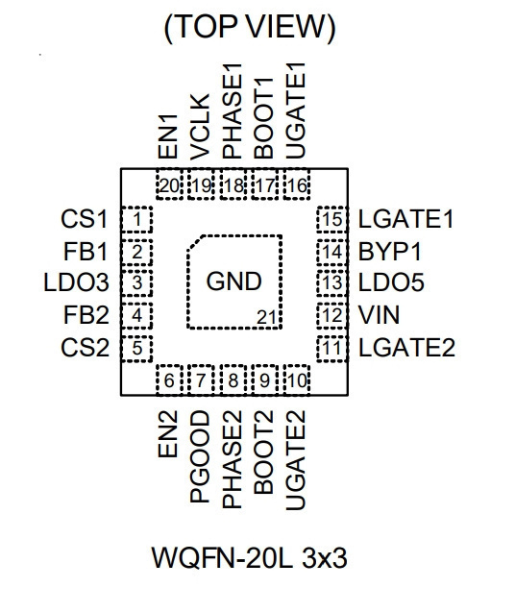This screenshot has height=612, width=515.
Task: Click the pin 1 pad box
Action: click(136, 220)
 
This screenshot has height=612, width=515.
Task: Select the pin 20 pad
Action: click(169, 184)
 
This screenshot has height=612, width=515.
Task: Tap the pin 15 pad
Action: click(331, 220)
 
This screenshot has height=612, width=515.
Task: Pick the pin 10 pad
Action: click(297, 380)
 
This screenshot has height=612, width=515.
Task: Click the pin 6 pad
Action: click(169, 380)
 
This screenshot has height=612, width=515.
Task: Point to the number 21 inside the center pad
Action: click(266, 318)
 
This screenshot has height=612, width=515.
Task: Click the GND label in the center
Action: click(233, 281)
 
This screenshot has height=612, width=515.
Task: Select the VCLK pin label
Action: click(200, 127)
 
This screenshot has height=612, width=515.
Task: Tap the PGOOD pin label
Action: click(200, 456)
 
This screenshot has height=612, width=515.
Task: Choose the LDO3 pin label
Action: click(76, 282)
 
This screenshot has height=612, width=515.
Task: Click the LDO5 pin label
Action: click(391, 282)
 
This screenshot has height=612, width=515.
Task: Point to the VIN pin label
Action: click(380, 315)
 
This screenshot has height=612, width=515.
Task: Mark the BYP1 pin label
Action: click(390, 252)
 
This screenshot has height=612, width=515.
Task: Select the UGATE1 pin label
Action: click(296, 110)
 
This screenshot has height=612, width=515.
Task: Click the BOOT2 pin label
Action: click(263, 453)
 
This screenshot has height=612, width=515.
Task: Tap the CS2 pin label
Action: click(85, 348)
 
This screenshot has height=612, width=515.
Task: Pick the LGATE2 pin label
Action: click(406, 348)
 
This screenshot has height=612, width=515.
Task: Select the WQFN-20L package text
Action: click(222, 558)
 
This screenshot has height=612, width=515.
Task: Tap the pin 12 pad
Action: click(331, 315)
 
